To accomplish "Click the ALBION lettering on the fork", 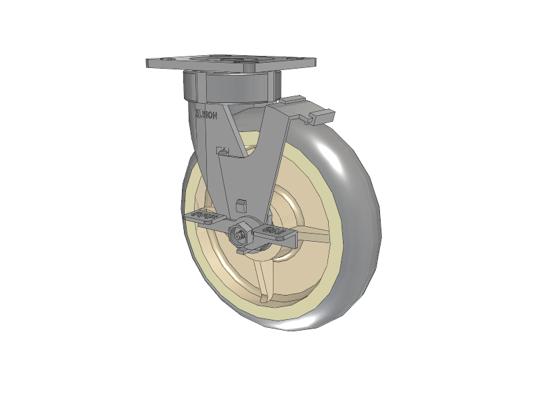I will [x=206, y=115].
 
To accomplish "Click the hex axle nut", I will [x=239, y=235].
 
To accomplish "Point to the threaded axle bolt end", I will [x=238, y=235].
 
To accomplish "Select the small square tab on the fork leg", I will [x=243, y=205].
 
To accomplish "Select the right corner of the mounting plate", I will [x=313, y=63].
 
